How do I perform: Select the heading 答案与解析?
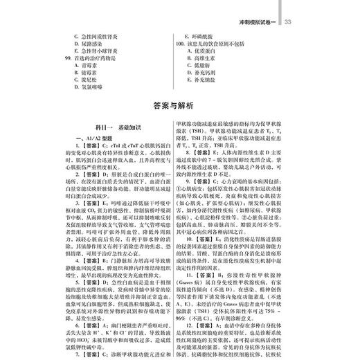180,105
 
